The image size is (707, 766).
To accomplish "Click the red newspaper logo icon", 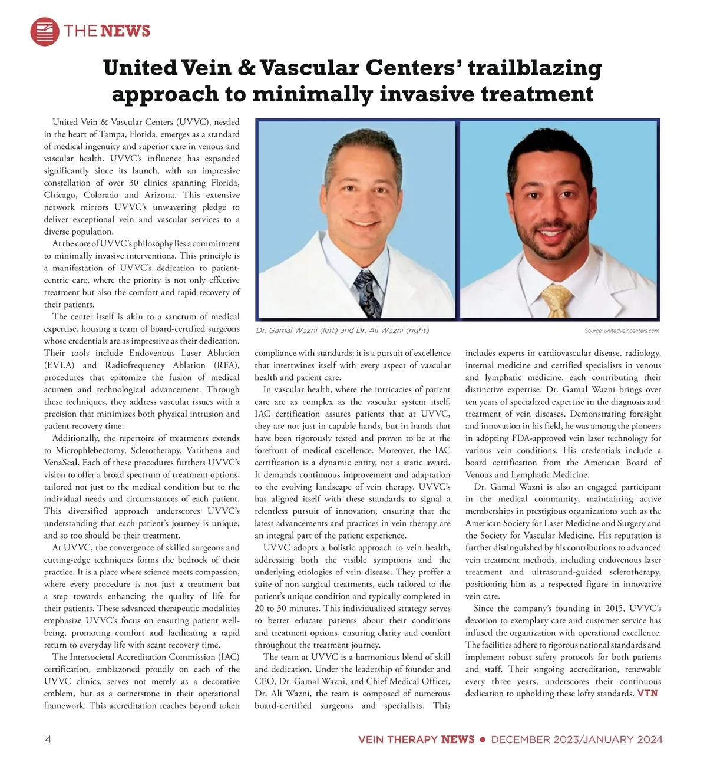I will click(x=45, y=31).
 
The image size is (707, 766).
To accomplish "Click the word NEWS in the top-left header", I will click(x=125, y=31).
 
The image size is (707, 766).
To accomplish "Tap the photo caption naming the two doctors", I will click(x=342, y=331).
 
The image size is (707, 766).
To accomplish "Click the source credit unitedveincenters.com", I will click(x=622, y=331).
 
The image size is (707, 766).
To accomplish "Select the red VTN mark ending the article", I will click(x=647, y=694).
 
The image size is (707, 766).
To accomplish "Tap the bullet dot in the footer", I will click(x=482, y=739).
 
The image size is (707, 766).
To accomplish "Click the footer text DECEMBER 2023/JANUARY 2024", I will click(x=576, y=739).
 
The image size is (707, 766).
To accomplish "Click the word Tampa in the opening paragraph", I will click(x=112, y=134).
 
